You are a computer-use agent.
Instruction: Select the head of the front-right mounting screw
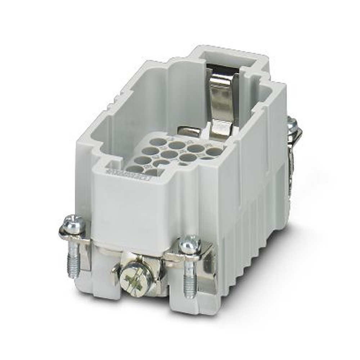click(190, 244)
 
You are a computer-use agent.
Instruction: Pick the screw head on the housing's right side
click(292, 124)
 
